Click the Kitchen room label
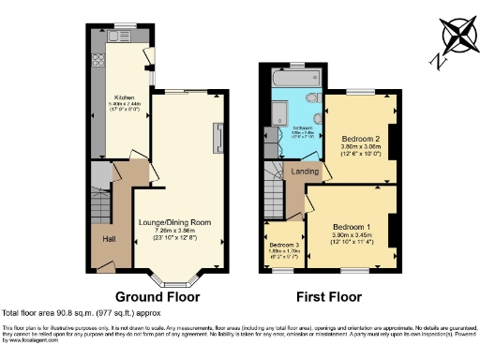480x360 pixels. [x=122, y=97]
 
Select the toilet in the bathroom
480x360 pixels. [x=316, y=97]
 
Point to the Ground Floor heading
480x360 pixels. [x=155, y=297]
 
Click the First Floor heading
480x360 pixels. [x=328, y=297]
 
